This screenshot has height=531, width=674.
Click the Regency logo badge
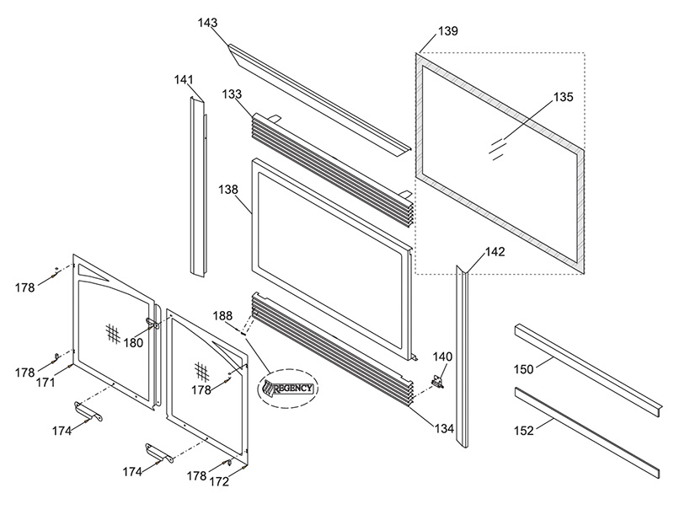point(287,389)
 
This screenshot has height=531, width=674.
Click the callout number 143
point(207,23)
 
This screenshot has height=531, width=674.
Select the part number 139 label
point(448,31)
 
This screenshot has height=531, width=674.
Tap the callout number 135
point(563,97)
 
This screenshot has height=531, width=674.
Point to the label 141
point(184,80)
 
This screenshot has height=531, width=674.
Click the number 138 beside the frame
point(227,190)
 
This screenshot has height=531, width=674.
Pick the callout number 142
point(495,252)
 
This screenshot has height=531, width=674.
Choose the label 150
point(523,369)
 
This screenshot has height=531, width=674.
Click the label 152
point(523,431)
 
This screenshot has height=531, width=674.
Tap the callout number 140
point(442,357)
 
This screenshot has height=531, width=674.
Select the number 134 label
point(444,429)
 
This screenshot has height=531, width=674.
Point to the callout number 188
point(222,316)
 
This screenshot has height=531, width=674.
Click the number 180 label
point(133,343)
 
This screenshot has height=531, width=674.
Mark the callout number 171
point(45,382)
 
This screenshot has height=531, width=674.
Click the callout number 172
point(219,482)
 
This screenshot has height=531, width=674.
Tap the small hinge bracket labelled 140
point(437,382)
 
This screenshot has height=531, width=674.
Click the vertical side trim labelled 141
point(198,187)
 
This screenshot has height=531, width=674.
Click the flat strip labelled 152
point(586,432)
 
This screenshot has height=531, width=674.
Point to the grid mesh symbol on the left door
point(113,334)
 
